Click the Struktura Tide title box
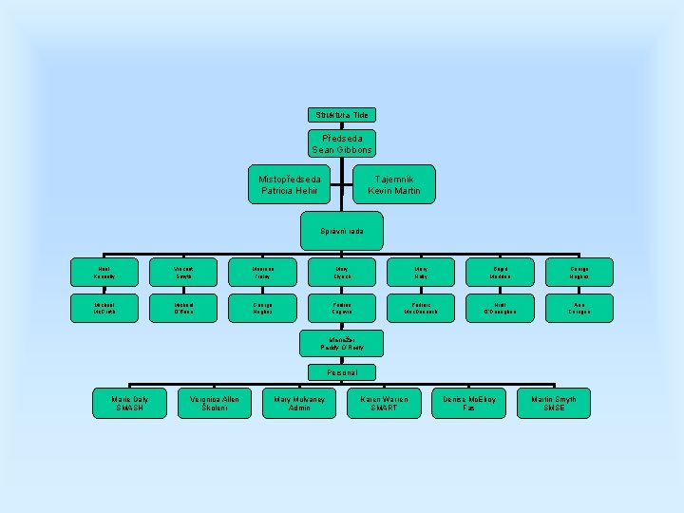tap(341, 115)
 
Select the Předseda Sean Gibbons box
tap(341, 143)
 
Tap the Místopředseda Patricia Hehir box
tap(290, 184)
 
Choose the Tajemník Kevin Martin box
tap(393, 184)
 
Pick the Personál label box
tap(341, 372)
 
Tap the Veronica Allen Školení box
tap(215, 403)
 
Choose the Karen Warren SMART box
tap(384, 403)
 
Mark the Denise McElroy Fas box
tap(468, 403)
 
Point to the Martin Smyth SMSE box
tap(553, 403)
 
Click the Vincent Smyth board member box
tap(183, 273)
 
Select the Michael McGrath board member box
tap(104, 307)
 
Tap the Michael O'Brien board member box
tap(183, 307)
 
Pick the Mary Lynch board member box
tap(341, 273)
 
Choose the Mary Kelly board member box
tap(421, 273)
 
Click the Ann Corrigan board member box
tap(579, 307)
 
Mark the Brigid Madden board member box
tap(500, 273)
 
